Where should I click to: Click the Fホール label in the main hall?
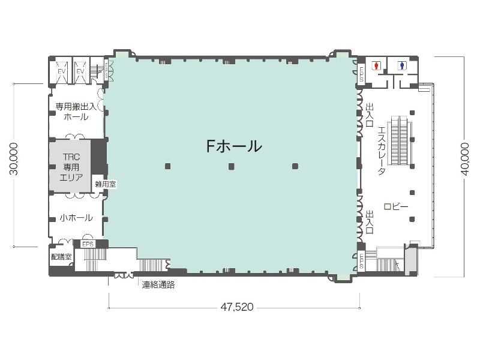[x=233, y=146]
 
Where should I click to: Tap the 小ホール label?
[x=76, y=218]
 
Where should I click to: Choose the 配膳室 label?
[x=61, y=256]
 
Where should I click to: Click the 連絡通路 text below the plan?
[x=158, y=285]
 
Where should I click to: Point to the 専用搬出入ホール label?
[x=76, y=112]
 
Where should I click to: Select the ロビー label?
[x=396, y=207]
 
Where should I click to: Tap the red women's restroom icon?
[x=376, y=65]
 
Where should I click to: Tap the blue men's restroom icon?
[x=401, y=65]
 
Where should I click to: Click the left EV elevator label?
[x=61, y=71]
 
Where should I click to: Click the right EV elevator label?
[x=80, y=71]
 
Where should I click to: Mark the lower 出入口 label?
[x=370, y=222]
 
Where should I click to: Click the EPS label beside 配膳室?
[x=89, y=244]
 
